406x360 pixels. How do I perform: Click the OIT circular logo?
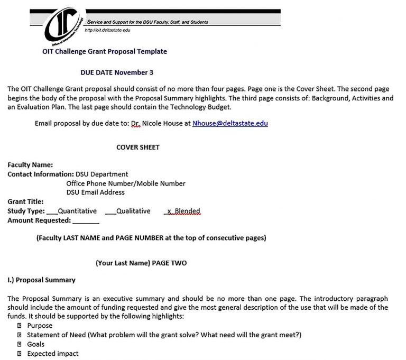pos(62,27)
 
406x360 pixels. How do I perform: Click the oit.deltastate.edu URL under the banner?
pos(107,30)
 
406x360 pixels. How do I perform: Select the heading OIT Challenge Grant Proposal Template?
pos(104,52)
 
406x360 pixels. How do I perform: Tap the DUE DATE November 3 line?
pos(117,72)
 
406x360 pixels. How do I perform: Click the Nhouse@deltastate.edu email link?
pos(230,123)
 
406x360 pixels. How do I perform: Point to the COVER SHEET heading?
pos(138,147)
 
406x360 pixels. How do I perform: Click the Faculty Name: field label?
pos(30,165)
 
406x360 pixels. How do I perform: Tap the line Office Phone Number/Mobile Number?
pos(126,183)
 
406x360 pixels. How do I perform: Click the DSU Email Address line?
pos(95,192)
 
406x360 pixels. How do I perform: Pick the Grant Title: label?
pos(25,201)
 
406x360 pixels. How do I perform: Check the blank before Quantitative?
pos(52,212)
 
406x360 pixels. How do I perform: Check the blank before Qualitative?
pos(110,212)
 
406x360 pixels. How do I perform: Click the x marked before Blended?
pos(169,211)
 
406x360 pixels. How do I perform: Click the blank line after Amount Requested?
pos(86,221)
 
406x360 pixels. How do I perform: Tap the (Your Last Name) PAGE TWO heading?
pos(141,263)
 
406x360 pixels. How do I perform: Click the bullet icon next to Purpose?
pos(19,326)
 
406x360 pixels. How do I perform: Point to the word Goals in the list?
pos(36,344)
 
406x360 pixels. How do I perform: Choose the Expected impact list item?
pos(53,354)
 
